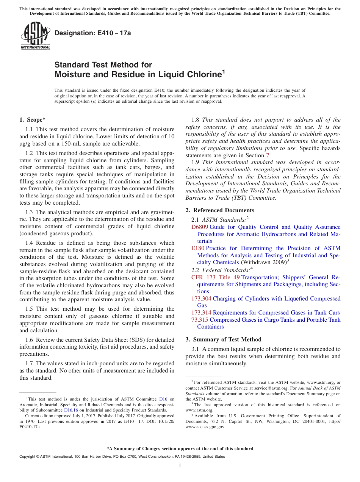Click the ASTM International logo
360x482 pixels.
pyautogui.click(x=35, y=36)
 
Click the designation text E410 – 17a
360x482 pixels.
pyautogui.click(x=93, y=33)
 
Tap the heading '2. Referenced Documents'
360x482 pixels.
pyautogui.click(x=220, y=210)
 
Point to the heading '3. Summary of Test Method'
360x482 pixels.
pyautogui.click(x=223, y=340)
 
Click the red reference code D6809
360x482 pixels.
pyautogui.click(x=200, y=227)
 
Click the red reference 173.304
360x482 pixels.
pyautogui.click(x=202, y=299)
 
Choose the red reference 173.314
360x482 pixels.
pyautogui.click(x=202, y=313)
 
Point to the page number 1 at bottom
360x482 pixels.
pyautogui.click(x=180, y=466)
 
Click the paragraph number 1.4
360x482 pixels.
pyautogui.click(x=30, y=243)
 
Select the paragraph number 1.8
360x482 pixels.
pyautogui.click(x=196, y=120)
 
